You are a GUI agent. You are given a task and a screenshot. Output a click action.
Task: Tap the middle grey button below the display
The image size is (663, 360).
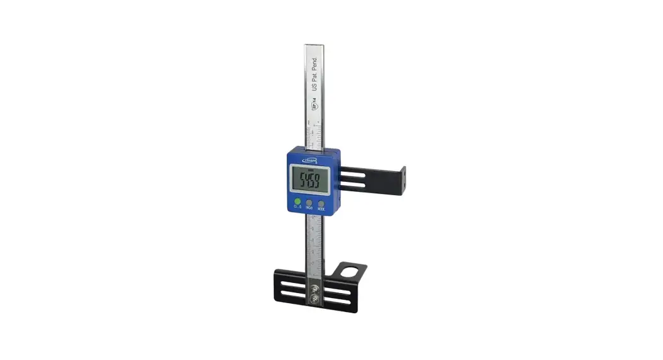click(x=309, y=205)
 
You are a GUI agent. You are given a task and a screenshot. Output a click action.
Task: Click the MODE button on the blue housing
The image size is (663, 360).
click(x=321, y=204)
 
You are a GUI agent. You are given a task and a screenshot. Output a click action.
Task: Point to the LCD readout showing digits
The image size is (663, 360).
click(x=309, y=181)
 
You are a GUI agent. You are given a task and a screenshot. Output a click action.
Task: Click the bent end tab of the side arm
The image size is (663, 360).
click(x=402, y=181)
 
